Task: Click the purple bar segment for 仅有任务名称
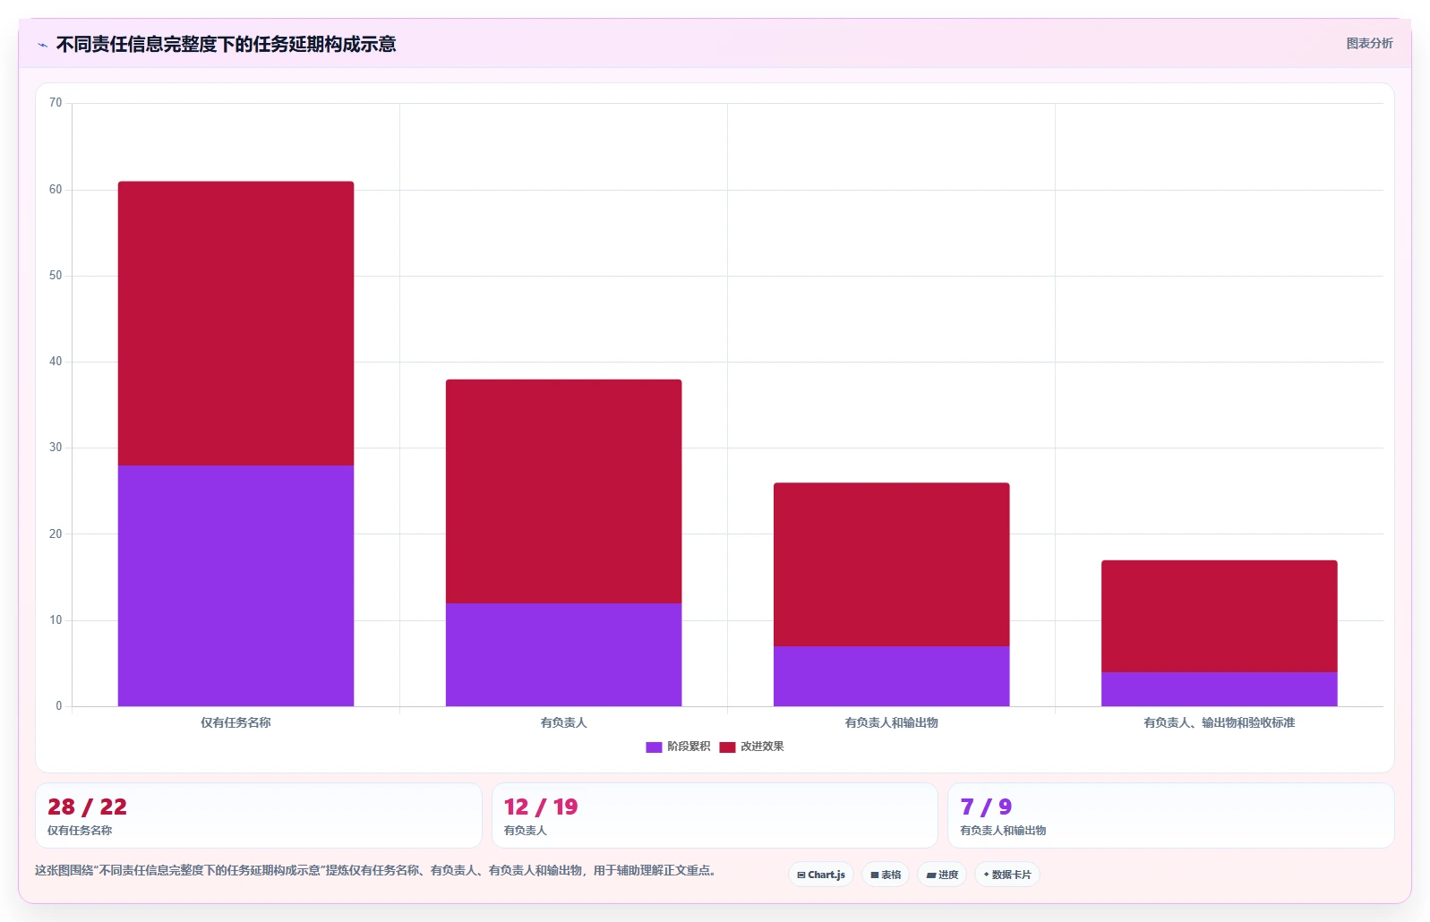(x=235, y=585)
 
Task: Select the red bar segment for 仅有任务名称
(x=235, y=323)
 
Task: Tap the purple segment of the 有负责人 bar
(x=564, y=654)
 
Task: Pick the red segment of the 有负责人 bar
(x=564, y=491)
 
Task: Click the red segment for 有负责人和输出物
(x=892, y=565)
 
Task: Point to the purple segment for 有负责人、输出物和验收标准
(x=1220, y=689)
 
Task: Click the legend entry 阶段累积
(x=678, y=747)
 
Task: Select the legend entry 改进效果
(x=751, y=747)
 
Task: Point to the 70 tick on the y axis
(x=56, y=103)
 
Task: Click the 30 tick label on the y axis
(x=56, y=448)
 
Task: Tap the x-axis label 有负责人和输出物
(x=891, y=722)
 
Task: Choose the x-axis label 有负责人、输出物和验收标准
(x=1220, y=722)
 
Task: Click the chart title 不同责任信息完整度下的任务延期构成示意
(x=226, y=44)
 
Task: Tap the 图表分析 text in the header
(x=1369, y=43)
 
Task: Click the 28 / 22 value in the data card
(x=88, y=807)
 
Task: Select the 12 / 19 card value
(x=541, y=807)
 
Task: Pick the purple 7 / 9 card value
(x=987, y=807)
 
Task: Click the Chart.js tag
(x=821, y=875)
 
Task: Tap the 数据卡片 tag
(x=1007, y=875)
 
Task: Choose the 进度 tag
(x=942, y=875)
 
